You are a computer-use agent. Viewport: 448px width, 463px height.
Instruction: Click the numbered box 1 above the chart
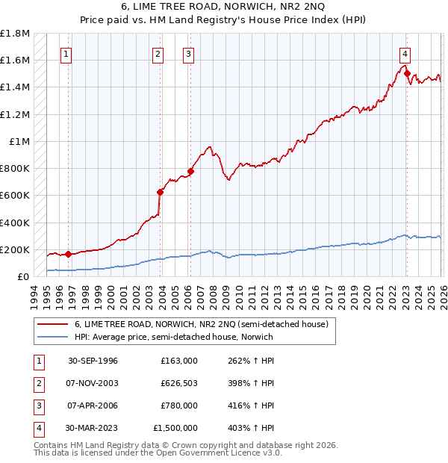(x=67, y=54)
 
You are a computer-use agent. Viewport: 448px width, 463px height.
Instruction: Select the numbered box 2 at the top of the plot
(x=158, y=54)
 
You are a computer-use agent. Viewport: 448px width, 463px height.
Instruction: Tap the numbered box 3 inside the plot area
(x=188, y=54)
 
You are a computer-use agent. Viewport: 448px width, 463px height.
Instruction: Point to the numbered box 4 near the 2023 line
(x=404, y=54)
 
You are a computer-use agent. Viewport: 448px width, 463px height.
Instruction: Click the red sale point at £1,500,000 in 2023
(x=407, y=73)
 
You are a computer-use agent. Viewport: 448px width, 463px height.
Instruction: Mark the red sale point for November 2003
(x=160, y=192)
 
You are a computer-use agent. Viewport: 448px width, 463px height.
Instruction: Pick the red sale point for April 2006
(x=190, y=171)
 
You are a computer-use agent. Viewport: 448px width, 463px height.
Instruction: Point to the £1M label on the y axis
(x=19, y=141)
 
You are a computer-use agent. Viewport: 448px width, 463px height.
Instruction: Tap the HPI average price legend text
(x=174, y=337)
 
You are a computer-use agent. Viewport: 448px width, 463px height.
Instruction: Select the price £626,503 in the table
(x=178, y=383)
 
